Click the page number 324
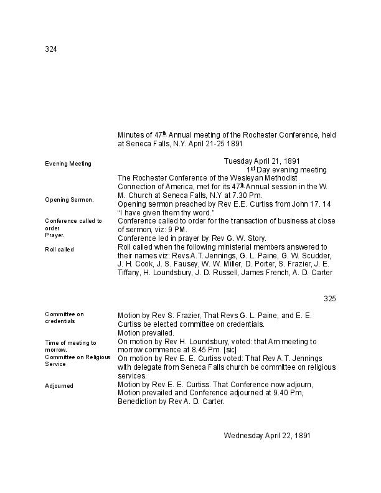click(51, 49)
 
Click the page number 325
click(330, 299)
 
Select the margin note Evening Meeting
click(68, 164)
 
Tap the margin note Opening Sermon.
click(69, 200)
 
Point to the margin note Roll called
click(59, 250)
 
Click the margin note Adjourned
click(59, 386)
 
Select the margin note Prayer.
click(54, 236)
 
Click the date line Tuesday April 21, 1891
click(261, 161)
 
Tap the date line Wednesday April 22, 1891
click(267, 436)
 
